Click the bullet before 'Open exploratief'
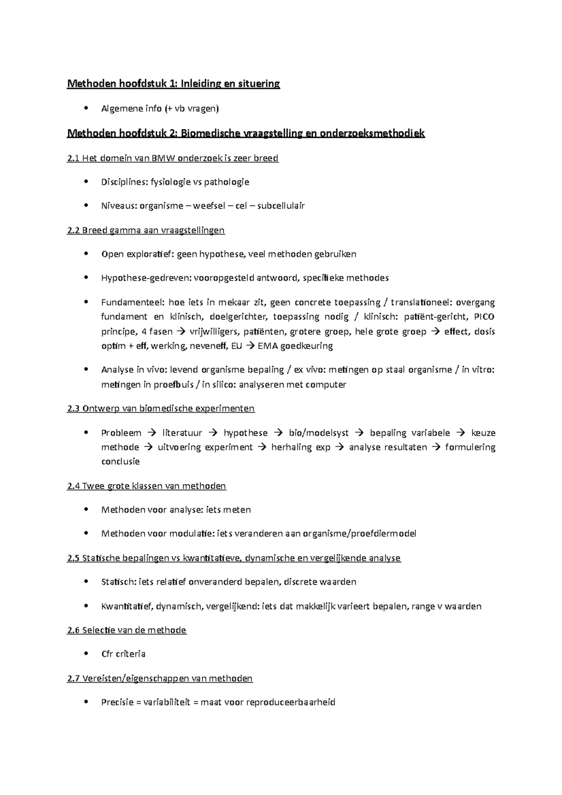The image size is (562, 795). point(85,254)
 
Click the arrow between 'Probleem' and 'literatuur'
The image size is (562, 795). point(152,433)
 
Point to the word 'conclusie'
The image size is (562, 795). point(120,462)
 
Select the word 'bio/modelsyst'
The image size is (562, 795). point(319,433)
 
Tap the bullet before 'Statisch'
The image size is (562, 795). point(85,582)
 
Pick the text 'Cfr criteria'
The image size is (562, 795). point(123,654)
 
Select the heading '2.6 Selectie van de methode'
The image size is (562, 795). point(126,630)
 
